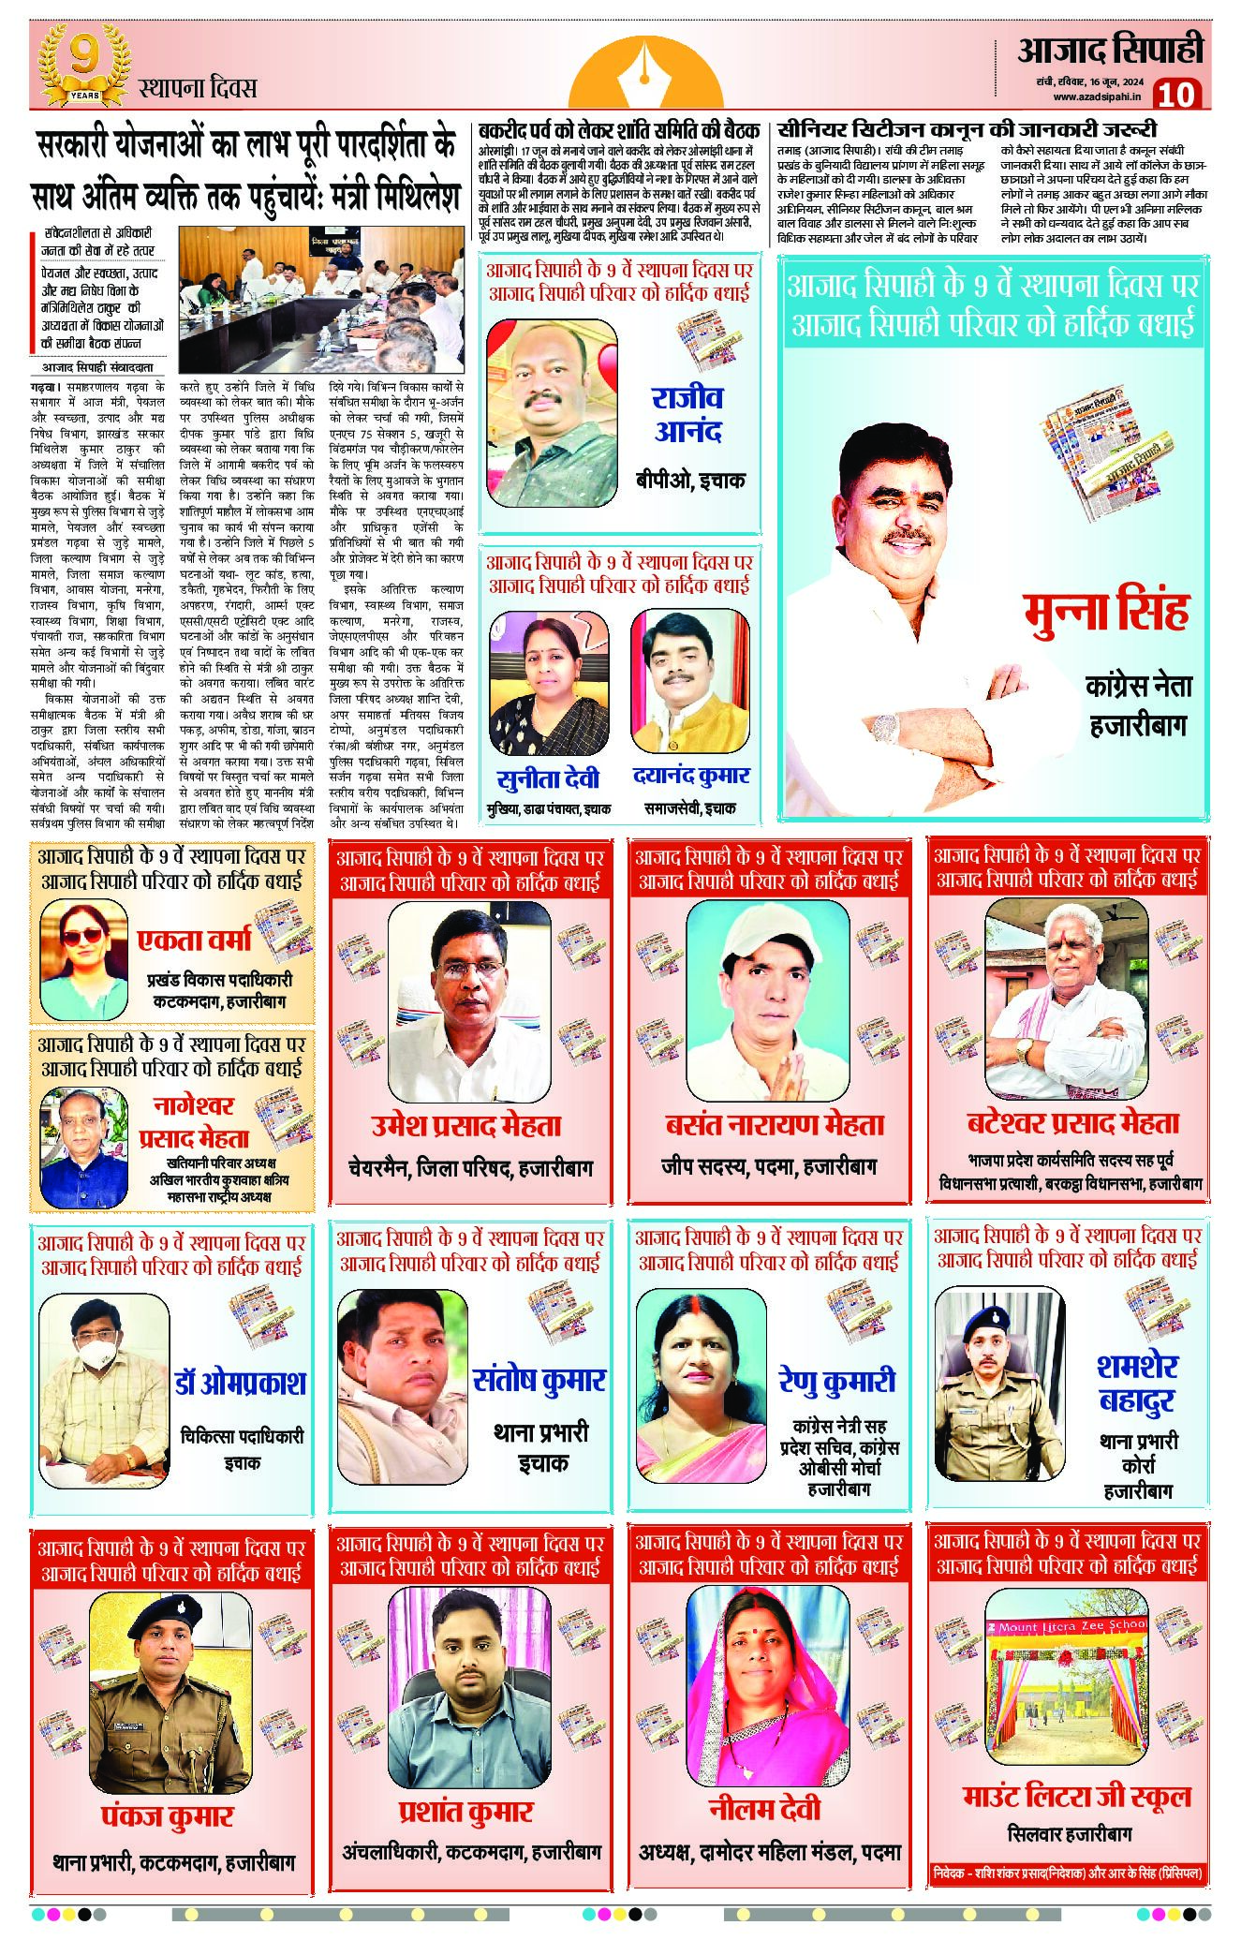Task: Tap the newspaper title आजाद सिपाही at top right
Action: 1110,50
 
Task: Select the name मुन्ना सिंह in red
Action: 1106,610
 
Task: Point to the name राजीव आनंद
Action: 688,415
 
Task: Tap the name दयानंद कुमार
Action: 690,777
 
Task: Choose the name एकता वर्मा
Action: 195,940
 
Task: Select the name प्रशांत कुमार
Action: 465,1813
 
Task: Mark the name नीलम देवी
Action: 764,1810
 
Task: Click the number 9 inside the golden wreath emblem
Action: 83,56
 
